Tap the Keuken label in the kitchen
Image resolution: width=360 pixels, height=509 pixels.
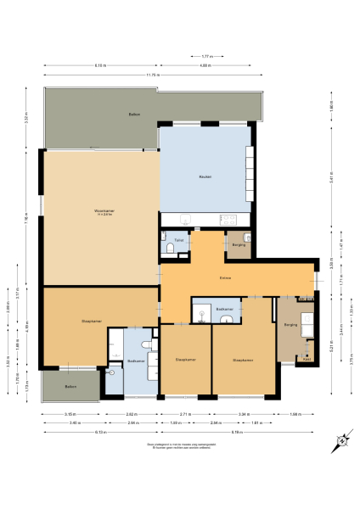pos(205,176)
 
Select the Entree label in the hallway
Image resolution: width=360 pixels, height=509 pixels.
pos(226,277)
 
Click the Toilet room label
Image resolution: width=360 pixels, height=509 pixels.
pos(178,241)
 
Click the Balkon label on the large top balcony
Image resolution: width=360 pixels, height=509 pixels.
pos(133,114)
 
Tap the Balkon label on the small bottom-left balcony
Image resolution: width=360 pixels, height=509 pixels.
pos(71,386)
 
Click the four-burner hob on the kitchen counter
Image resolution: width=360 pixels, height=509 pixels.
pos(228,219)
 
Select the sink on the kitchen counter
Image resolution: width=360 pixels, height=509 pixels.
pos(190,218)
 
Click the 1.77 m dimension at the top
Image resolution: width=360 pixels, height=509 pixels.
pos(205,57)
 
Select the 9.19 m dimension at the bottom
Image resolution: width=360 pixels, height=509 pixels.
pos(246,432)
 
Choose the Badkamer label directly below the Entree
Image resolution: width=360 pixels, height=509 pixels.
pos(224,309)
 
